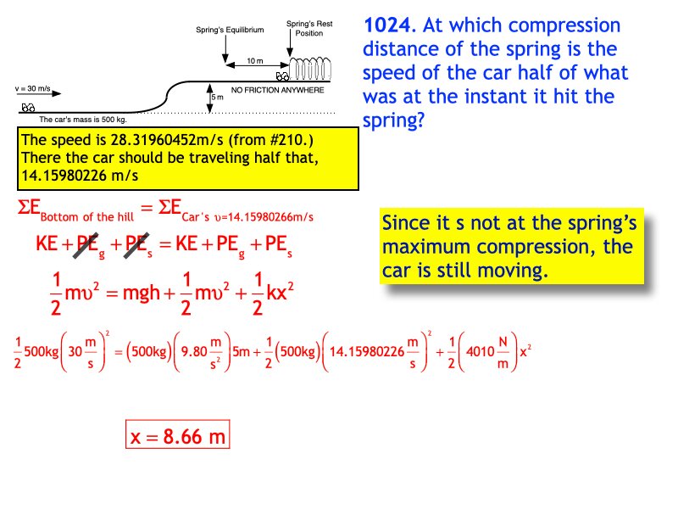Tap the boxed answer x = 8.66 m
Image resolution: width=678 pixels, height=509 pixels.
point(178,436)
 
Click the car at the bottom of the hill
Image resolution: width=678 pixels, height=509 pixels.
point(27,107)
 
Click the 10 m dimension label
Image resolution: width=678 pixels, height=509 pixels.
point(254,61)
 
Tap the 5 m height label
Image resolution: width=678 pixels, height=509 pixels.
point(218,97)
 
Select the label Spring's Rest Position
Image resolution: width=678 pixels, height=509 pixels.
point(308,29)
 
